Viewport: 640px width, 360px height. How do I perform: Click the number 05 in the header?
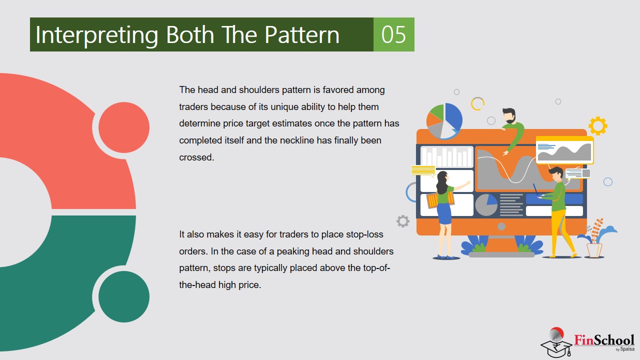click(x=393, y=34)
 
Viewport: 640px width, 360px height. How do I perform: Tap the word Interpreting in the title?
click(x=96, y=35)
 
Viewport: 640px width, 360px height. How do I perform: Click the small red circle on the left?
click(x=124, y=127)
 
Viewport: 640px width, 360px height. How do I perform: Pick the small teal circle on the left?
click(x=124, y=296)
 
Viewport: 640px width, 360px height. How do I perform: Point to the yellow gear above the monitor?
click(x=597, y=125)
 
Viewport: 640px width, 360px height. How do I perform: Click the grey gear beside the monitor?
click(x=403, y=221)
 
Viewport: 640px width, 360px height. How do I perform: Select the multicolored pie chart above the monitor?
click(x=444, y=121)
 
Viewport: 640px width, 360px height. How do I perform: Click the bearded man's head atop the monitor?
click(x=509, y=115)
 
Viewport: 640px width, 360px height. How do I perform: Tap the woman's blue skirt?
click(x=444, y=213)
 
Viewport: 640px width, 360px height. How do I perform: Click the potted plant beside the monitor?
click(x=595, y=239)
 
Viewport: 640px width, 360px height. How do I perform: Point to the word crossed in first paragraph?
click(x=196, y=157)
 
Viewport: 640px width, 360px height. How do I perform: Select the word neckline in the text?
click(x=297, y=140)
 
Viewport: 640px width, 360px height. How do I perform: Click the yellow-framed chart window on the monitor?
click(x=564, y=150)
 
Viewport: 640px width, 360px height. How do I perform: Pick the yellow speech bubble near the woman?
click(x=423, y=170)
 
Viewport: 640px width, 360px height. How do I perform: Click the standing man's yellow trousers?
click(x=560, y=232)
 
